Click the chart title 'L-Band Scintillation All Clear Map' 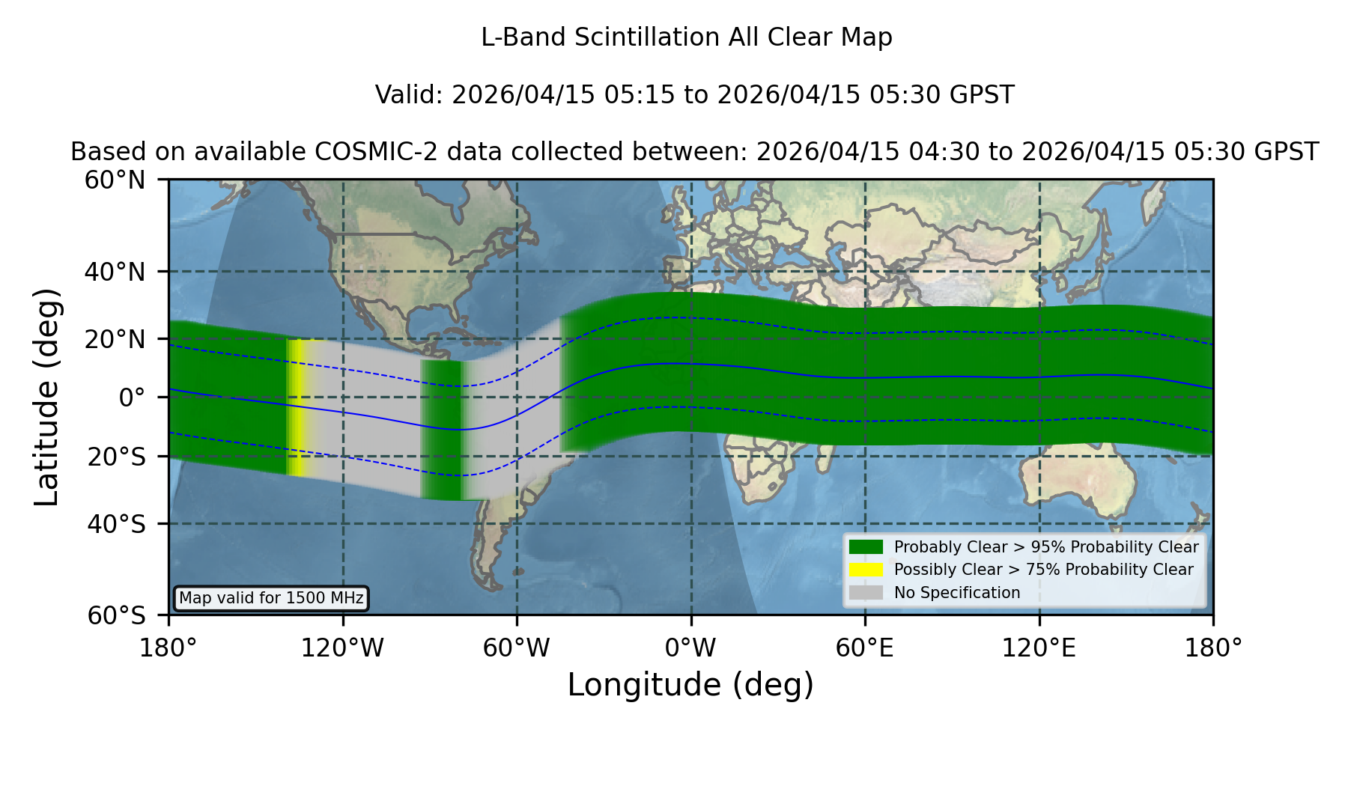click(x=687, y=37)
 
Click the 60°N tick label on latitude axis click(x=115, y=180)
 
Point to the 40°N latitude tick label click(x=115, y=272)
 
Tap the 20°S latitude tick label click(x=117, y=457)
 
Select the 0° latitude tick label click(x=132, y=397)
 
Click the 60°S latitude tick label click(x=117, y=615)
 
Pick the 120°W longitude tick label click(x=343, y=648)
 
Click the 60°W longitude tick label click(x=517, y=648)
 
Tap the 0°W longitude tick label click(x=691, y=648)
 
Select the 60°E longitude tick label click(x=865, y=648)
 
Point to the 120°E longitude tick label click(x=1039, y=648)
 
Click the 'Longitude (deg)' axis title click(x=690, y=685)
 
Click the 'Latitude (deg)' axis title click(x=46, y=397)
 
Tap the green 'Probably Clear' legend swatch click(x=866, y=547)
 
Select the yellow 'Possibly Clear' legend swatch click(x=866, y=570)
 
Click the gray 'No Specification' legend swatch click(x=866, y=593)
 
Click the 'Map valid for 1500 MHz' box click(x=271, y=598)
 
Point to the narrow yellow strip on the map click(x=297, y=407)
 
